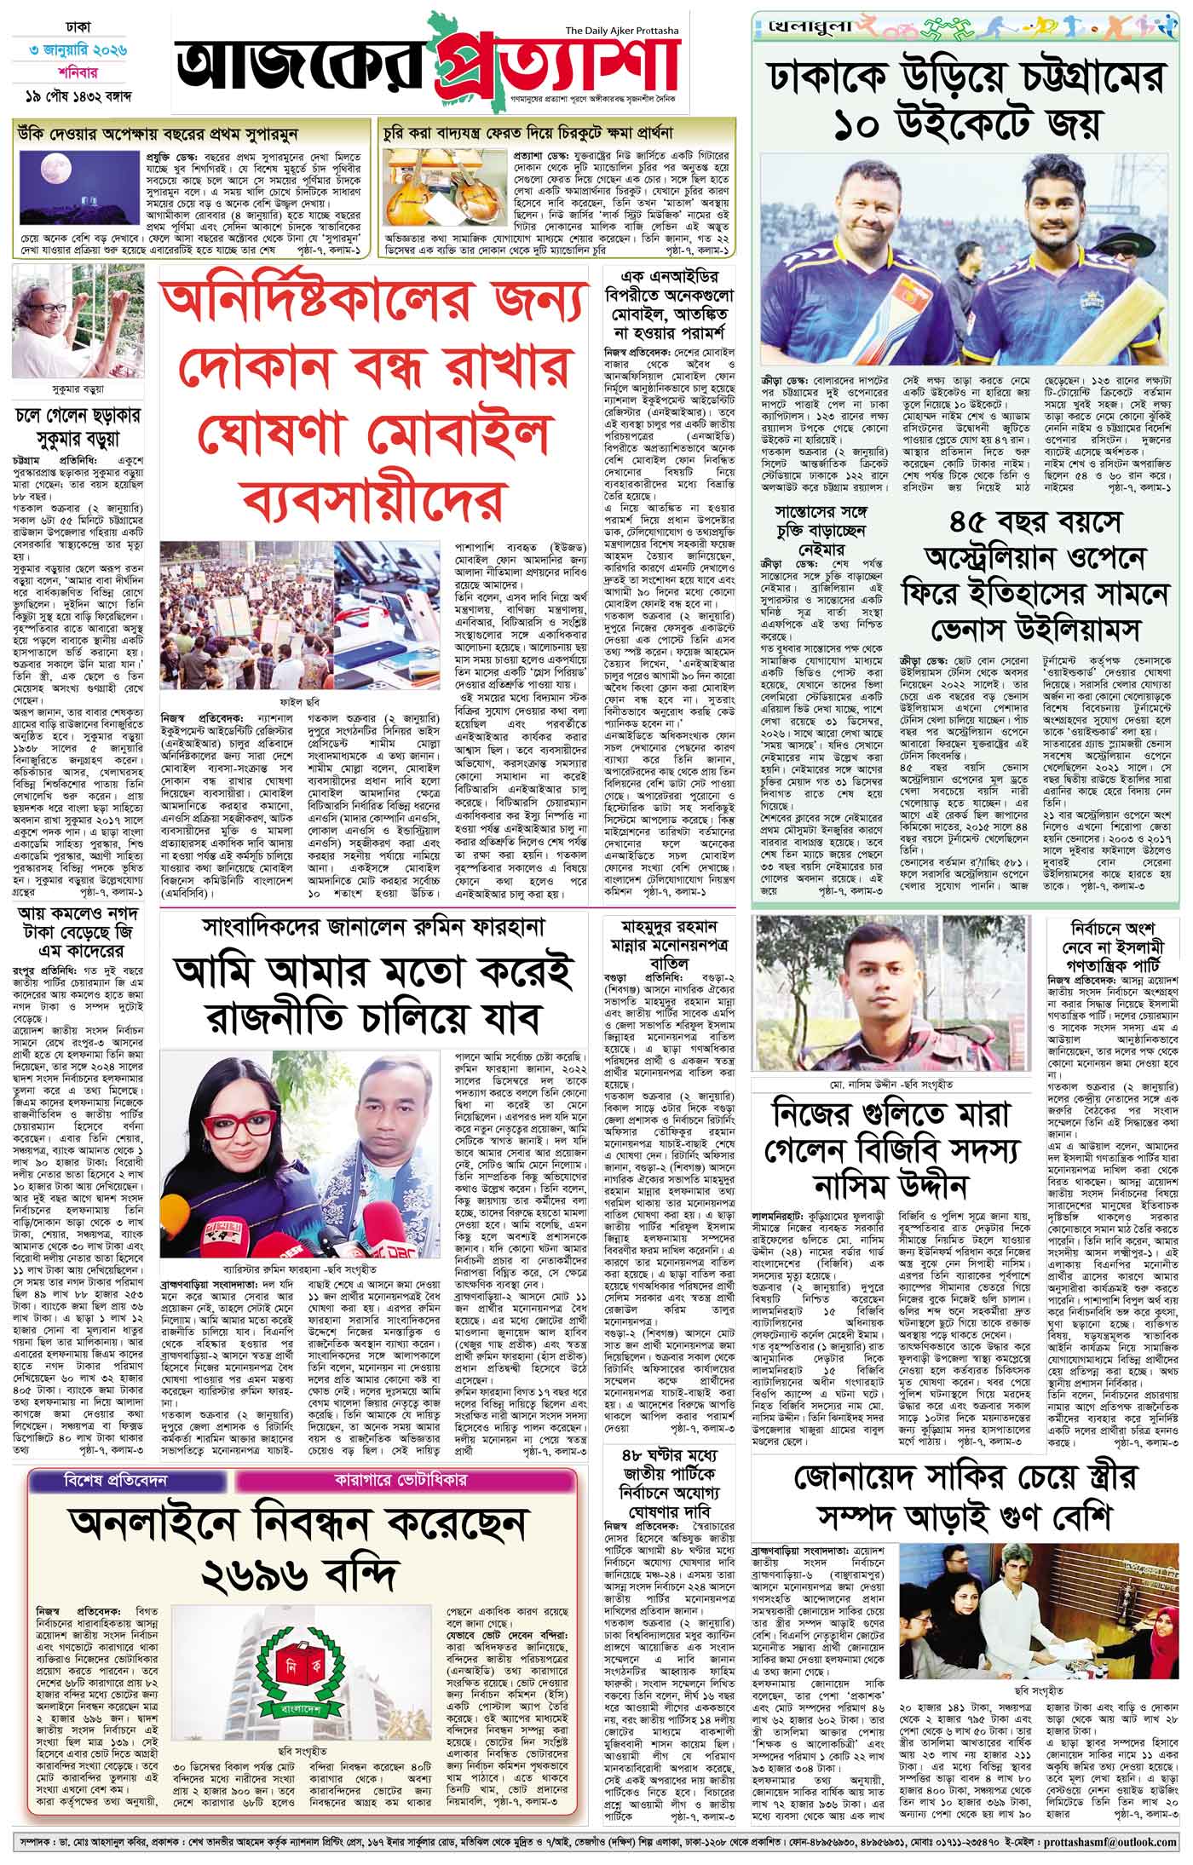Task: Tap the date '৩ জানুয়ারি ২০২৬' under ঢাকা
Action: [74, 51]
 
